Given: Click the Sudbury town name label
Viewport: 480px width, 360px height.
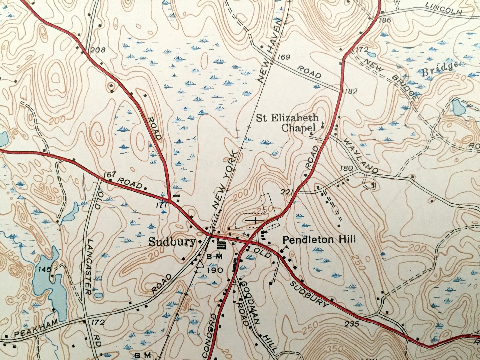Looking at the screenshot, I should click(x=172, y=242).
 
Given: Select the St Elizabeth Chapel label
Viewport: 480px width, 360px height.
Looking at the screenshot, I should click(x=287, y=122).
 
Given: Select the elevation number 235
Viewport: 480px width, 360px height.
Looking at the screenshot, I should click(x=352, y=324).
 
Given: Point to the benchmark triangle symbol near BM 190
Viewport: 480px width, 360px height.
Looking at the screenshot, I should click(x=200, y=264).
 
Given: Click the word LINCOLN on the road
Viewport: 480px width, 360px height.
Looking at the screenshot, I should click(x=444, y=8).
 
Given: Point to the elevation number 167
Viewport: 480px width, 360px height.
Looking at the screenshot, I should click(x=109, y=174).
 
